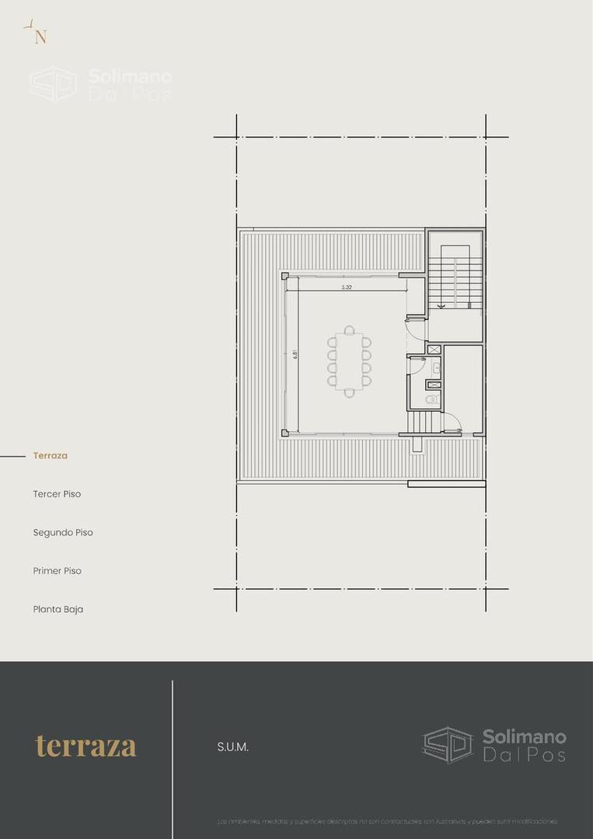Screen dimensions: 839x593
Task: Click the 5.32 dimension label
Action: (347, 287)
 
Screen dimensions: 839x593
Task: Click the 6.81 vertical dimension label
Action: (295, 355)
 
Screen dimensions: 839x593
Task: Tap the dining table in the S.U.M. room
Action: (350, 361)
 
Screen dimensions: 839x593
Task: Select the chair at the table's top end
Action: (350, 330)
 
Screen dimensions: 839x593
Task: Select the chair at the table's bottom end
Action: (350, 393)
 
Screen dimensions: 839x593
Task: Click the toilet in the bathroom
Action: (432, 400)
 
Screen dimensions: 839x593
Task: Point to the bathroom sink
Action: (436, 367)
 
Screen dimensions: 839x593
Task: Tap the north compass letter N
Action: (40, 37)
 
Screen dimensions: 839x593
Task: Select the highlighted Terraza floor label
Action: (51, 456)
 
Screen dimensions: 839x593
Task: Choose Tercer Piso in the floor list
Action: (57, 494)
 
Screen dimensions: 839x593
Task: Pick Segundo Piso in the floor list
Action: (63, 533)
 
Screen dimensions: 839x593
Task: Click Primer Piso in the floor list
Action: (57, 571)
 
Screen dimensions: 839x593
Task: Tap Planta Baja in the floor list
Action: (58, 610)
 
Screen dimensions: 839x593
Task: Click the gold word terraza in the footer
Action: (85, 747)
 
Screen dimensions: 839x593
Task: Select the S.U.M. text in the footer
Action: (233, 747)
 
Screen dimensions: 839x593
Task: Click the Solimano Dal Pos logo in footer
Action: (494, 745)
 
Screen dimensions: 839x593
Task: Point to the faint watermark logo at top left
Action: (99, 84)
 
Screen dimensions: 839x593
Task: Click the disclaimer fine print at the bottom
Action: (387, 821)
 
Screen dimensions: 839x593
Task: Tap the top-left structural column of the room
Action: (285, 275)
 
